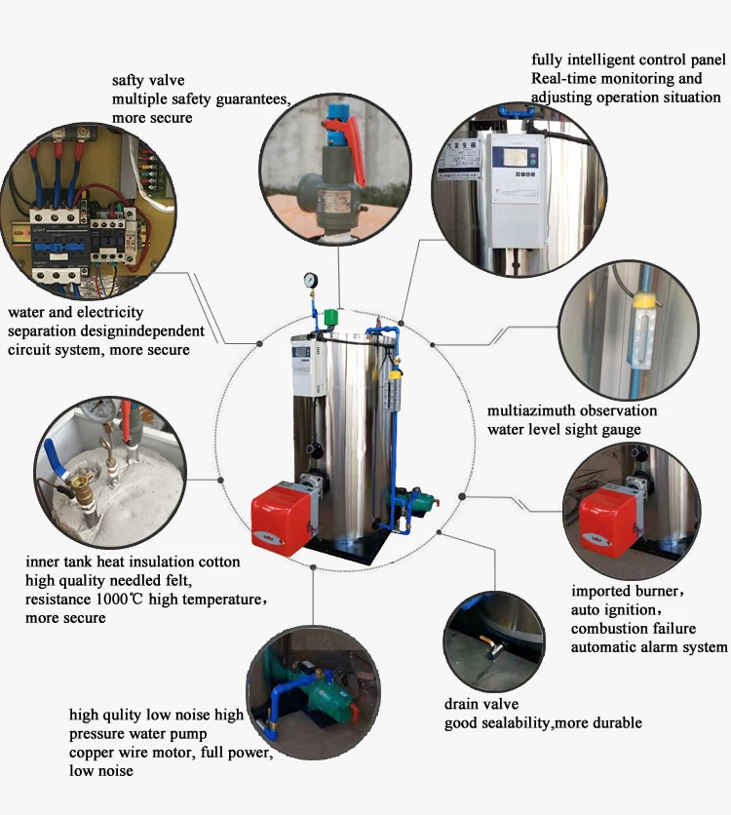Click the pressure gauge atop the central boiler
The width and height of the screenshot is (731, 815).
pyautogui.click(x=310, y=278)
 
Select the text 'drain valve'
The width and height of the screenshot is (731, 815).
pyautogui.click(x=481, y=704)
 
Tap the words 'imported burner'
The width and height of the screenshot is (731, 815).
pyautogui.click(x=628, y=592)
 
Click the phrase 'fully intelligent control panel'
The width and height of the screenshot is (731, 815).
pyautogui.click(x=626, y=59)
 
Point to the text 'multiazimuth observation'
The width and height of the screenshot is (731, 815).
pyautogui.click(x=572, y=411)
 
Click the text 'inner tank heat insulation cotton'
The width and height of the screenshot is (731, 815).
pyautogui.click(x=133, y=563)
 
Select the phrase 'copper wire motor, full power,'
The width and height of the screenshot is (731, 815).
pyautogui.click(x=171, y=753)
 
